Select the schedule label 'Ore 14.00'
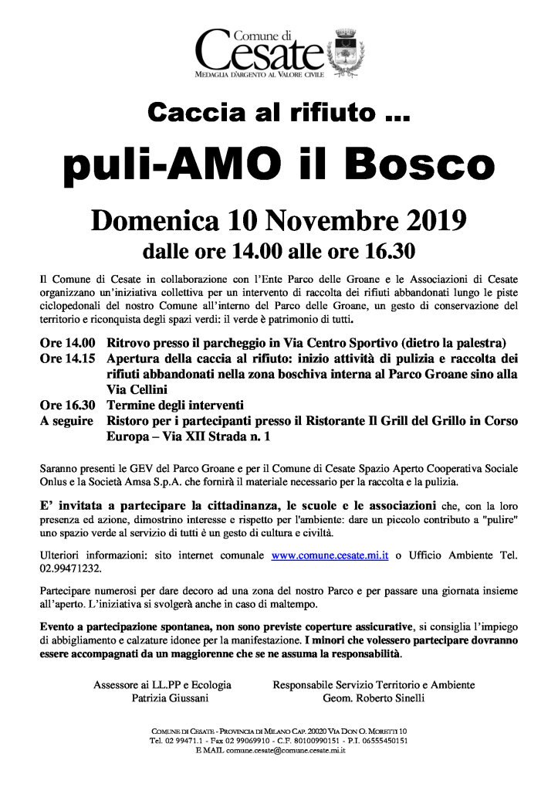point(67,342)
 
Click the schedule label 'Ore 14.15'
point(67,358)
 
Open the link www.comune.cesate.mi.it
point(330,555)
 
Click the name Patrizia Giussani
point(161,698)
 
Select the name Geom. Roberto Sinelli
point(374,698)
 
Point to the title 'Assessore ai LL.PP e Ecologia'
point(162,684)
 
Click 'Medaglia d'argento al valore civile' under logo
point(262,77)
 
